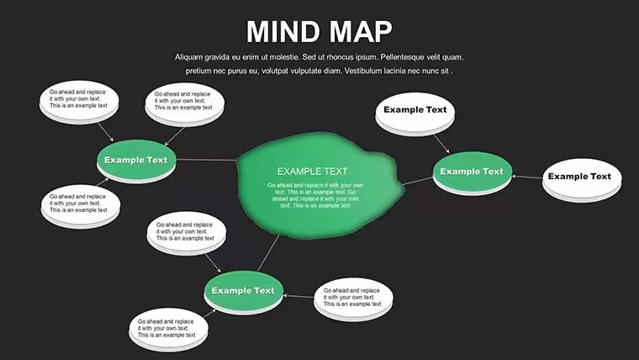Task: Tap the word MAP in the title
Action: click(361, 31)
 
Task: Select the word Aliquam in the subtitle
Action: click(188, 57)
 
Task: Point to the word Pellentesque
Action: click(402, 57)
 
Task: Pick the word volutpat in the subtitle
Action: click(276, 71)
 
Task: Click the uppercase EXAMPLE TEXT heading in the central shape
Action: click(312, 172)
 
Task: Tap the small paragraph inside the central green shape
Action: click(315, 195)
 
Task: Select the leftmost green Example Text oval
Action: click(136, 161)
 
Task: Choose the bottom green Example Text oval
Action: click(243, 292)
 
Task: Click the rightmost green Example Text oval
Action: click(472, 173)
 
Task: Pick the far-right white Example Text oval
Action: click(582, 180)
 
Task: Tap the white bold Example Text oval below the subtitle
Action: click(415, 114)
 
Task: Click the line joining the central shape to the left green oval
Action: click(207, 160)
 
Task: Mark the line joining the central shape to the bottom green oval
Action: click(268, 253)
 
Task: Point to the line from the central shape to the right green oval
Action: click(418, 181)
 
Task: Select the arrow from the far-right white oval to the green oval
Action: click(527, 177)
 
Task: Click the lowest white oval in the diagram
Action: click(168, 329)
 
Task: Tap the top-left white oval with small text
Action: click(79, 102)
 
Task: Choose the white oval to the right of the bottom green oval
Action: click(353, 299)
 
